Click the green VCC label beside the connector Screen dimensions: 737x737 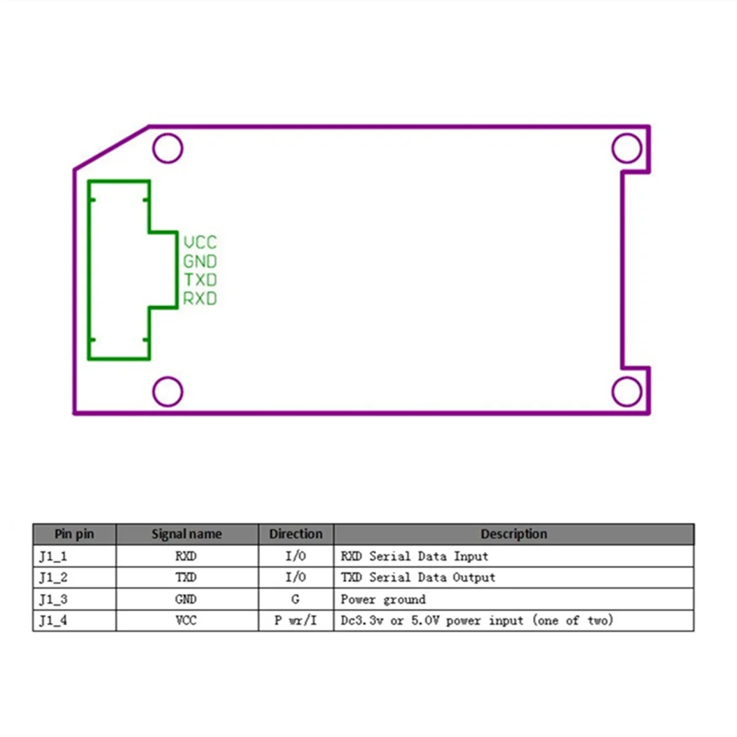point(200,242)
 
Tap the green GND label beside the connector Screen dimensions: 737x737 point(200,261)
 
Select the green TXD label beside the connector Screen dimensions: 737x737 point(200,280)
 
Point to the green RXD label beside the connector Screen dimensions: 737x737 point(200,299)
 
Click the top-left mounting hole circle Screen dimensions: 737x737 point(168,148)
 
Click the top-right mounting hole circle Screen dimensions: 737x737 point(626,148)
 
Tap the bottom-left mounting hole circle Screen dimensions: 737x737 point(168,391)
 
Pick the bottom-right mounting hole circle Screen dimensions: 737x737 point(626,391)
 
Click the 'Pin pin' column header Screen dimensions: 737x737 point(74,534)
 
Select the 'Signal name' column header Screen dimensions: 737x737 point(187,534)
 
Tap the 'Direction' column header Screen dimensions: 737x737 point(295,534)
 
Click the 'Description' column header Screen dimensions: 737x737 point(513,534)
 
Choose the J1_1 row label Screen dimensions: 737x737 point(53,556)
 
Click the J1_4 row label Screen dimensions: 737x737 point(53,620)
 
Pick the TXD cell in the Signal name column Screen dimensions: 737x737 point(186,577)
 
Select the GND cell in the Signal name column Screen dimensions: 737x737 point(186,599)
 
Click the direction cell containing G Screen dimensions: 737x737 point(295,599)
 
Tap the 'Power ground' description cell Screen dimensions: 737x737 point(383,599)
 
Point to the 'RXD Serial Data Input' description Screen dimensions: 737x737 point(415,556)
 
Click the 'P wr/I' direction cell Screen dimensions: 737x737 point(295,620)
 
